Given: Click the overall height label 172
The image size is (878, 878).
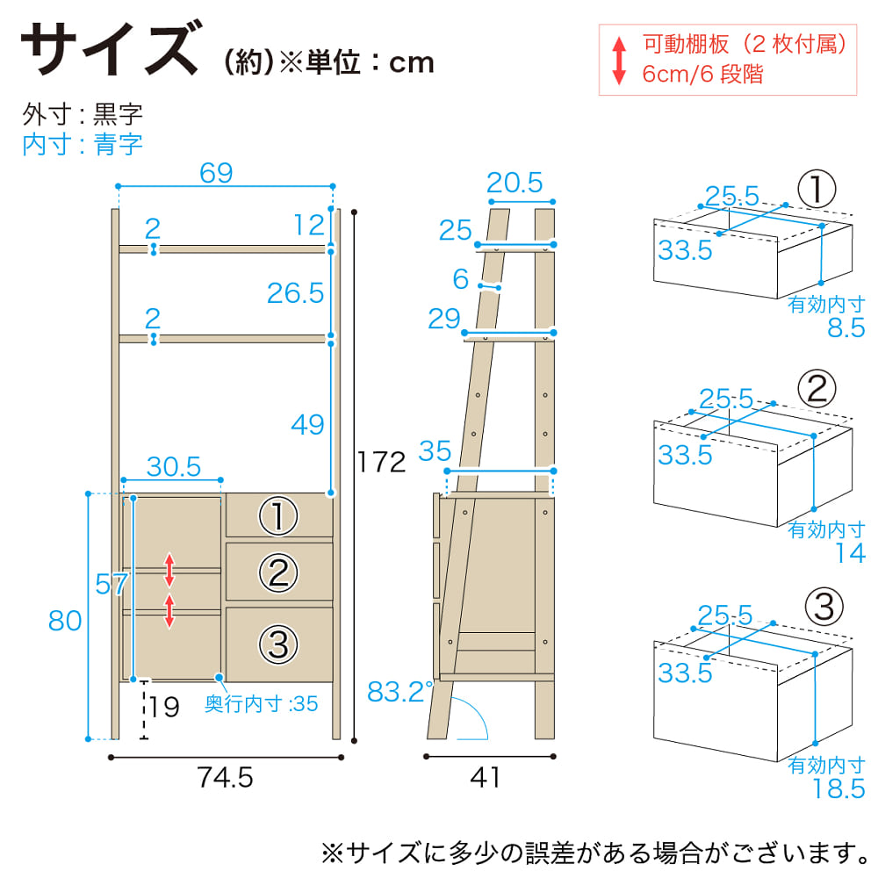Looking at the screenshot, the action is click(x=381, y=463).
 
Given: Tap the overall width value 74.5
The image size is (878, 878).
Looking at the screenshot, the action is click(x=225, y=778).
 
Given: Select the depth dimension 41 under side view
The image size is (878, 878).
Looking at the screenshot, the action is click(x=485, y=777).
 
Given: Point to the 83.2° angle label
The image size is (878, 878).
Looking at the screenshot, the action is click(x=399, y=692).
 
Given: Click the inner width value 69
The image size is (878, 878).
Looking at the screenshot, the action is click(x=216, y=173).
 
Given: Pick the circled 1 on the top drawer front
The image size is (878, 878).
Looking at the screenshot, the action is click(x=278, y=515).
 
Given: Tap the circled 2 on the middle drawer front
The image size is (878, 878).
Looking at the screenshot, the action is click(x=278, y=572).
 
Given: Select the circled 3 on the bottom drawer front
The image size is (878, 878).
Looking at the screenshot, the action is click(x=278, y=644).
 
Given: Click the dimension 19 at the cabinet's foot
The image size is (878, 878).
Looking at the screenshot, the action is click(x=164, y=707).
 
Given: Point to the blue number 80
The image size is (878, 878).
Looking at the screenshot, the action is click(x=65, y=621).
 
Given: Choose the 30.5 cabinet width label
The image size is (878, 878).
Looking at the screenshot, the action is click(x=174, y=466).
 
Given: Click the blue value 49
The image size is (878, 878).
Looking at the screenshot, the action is click(x=307, y=424).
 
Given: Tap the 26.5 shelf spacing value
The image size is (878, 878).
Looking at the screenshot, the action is click(x=295, y=293).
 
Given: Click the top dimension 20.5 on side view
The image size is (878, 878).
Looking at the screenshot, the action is click(x=515, y=184).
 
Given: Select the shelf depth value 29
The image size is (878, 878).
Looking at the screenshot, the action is click(x=444, y=319).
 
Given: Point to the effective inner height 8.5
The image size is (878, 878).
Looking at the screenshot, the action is click(x=846, y=328).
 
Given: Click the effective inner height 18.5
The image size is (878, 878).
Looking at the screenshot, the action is click(x=838, y=789).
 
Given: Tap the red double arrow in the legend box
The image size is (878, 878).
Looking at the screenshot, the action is click(x=619, y=61).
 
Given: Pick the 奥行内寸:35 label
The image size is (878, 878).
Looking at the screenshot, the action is click(x=261, y=704).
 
